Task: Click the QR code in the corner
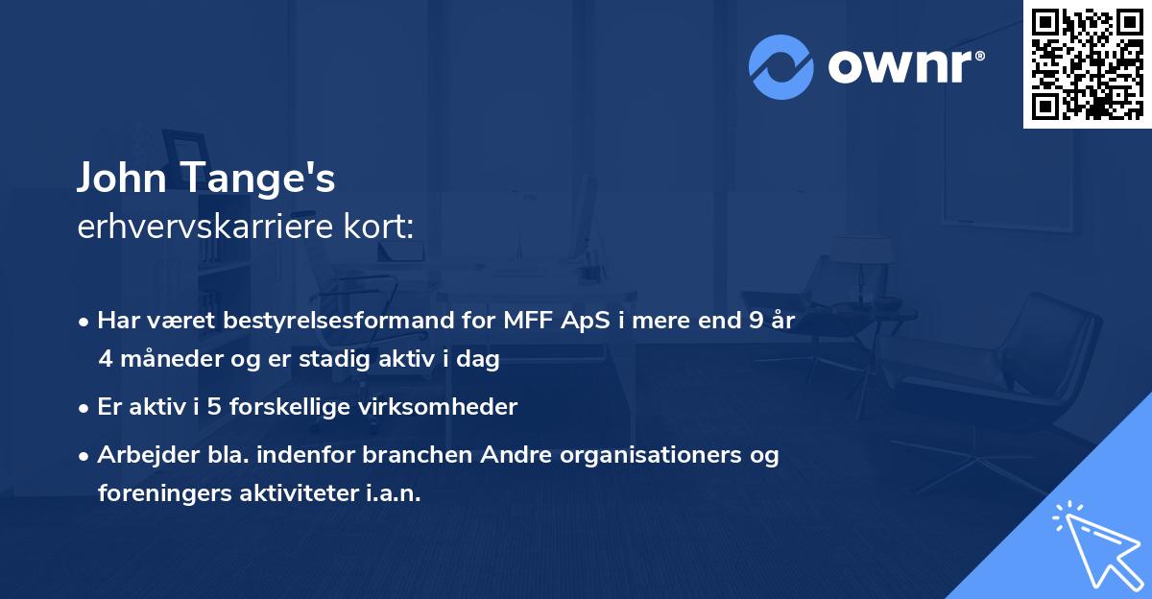click(x=1087, y=64)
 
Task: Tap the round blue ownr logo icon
click(x=782, y=66)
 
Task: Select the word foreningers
click(x=162, y=493)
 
